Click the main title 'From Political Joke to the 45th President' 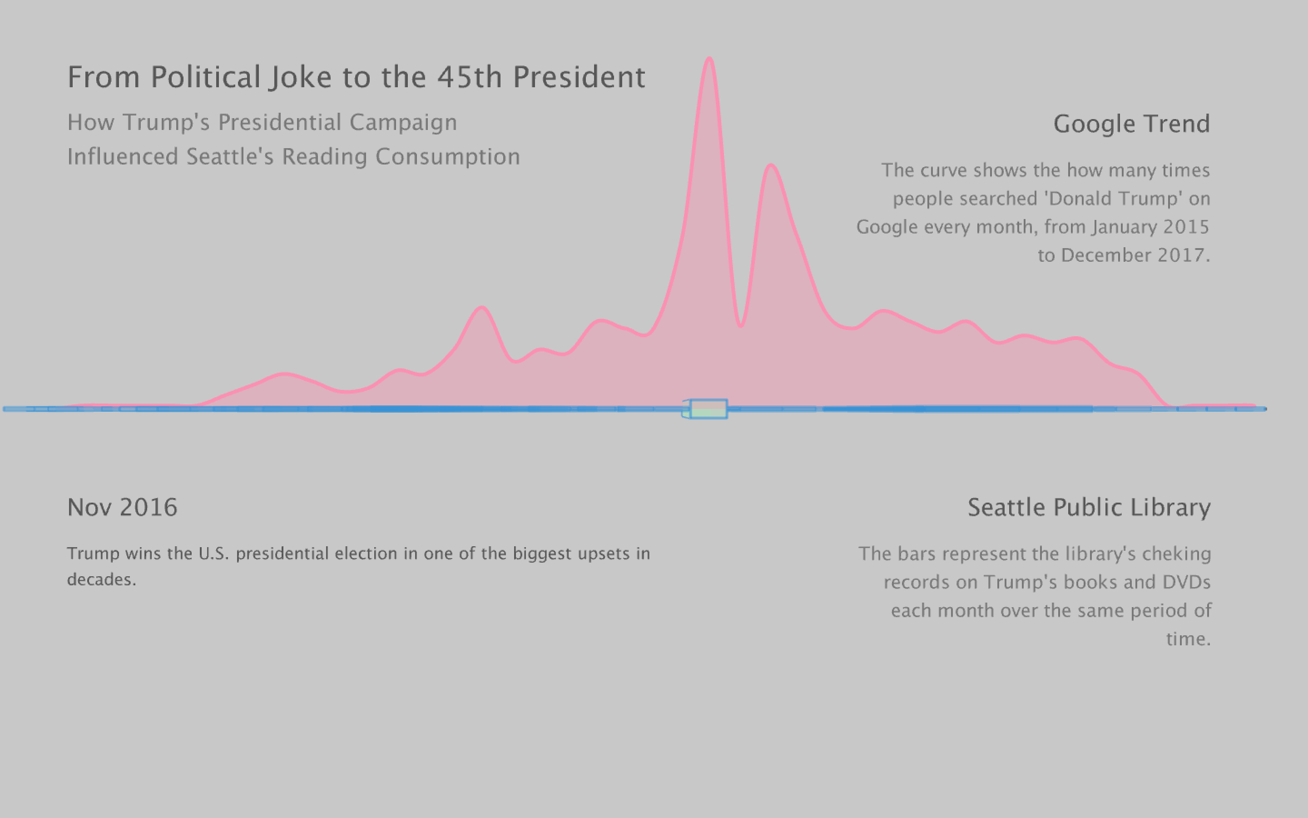[x=356, y=77]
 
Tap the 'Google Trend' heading [x=1131, y=124]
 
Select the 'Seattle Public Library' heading [x=1089, y=508]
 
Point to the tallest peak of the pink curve [x=709, y=60]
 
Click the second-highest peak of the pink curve [x=771, y=166]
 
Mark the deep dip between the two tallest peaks [x=740, y=324]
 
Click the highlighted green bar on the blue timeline [x=708, y=409]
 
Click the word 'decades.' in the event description [x=102, y=580]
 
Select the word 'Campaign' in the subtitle [x=403, y=123]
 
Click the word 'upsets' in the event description [x=603, y=554]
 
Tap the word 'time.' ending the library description [x=1188, y=639]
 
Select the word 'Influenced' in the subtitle [x=123, y=157]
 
